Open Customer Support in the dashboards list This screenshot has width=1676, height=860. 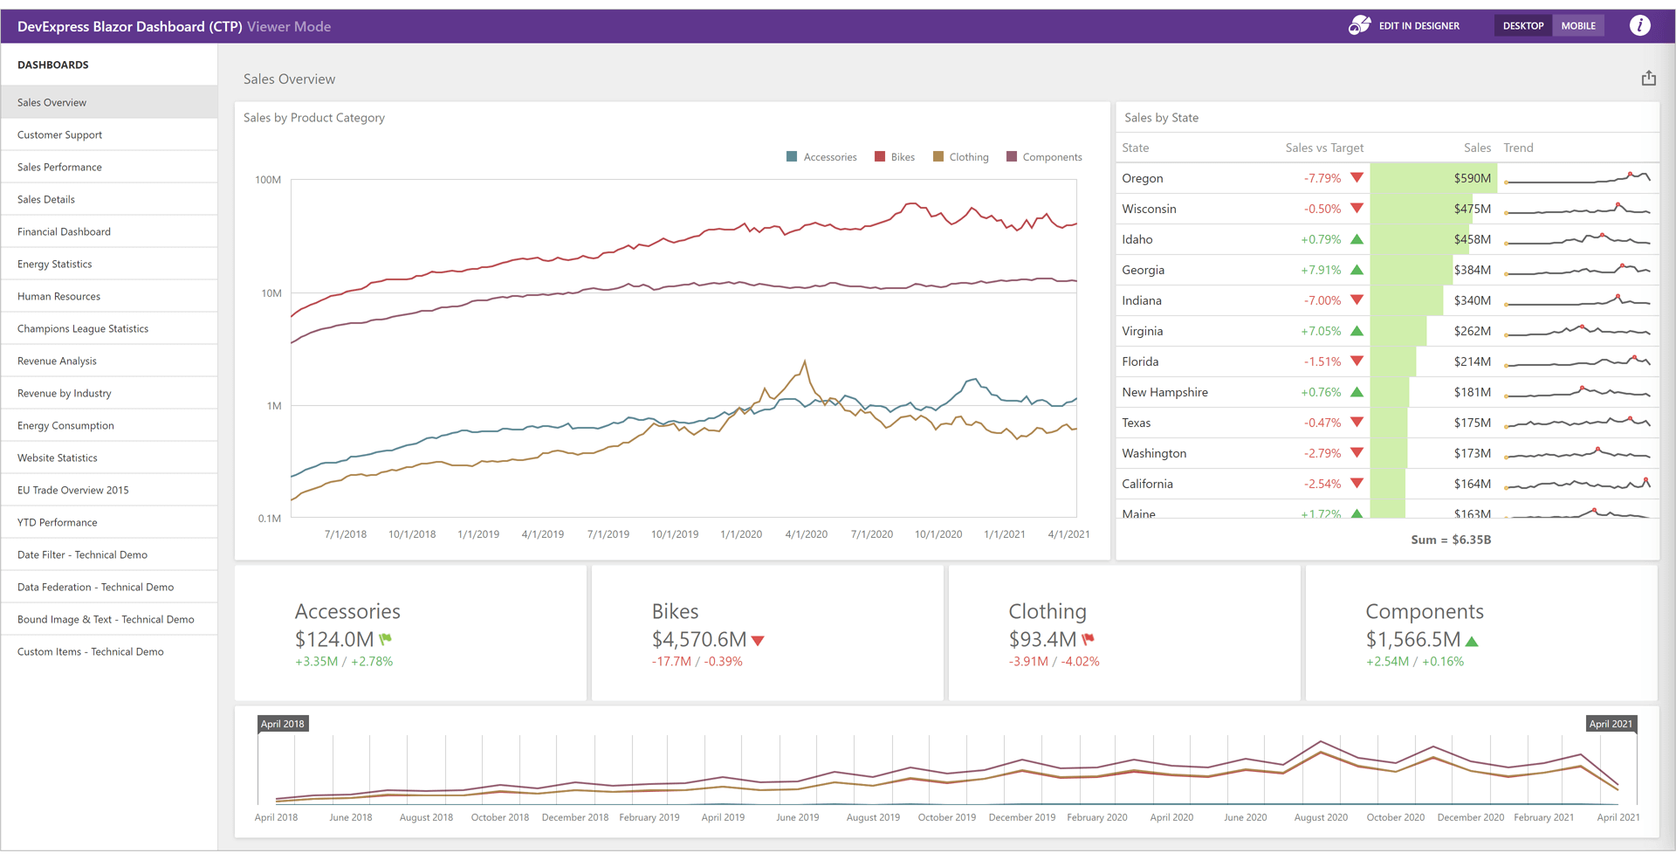(x=59, y=134)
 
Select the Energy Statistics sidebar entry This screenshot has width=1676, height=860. (x=54, y=264)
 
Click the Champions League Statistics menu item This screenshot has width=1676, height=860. (x=83, y=328)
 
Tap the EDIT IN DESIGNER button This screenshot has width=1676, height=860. (x=1405, y=25)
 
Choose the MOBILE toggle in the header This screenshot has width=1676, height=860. (x=1577, y=25)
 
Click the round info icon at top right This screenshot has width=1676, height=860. (x=1639, y=25)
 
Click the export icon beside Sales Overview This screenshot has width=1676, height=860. (x=1648, y=79)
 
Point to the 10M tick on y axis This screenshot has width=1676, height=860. (x=271, y=293)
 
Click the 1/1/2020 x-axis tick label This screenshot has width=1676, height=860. (x=741, y=534)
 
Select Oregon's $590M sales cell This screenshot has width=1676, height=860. (x=1472, y=178)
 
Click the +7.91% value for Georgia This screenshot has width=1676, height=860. (x=1321, y=270)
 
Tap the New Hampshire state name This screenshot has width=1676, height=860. (x=1164, y=392)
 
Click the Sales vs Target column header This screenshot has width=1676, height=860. (x=1323, y=148)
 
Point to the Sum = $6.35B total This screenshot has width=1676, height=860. (x=1450, y=540)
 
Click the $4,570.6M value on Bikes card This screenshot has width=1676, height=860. (x=698, y=639)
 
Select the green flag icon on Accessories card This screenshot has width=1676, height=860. (x=386, y=639)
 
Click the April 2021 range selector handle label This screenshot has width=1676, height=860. (x=1610, y=724)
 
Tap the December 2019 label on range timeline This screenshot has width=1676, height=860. (x=1021, y=817)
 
